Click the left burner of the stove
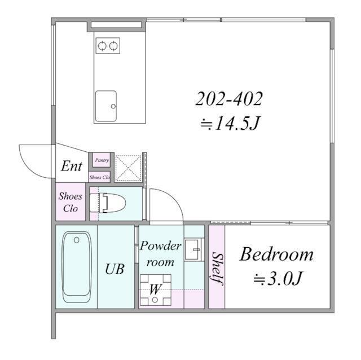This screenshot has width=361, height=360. (102, 46)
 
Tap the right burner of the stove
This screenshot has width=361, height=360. (113, 46)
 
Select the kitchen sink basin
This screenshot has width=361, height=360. (106, 106)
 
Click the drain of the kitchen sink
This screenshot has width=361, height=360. (113, 107)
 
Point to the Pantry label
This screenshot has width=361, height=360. (102, 160)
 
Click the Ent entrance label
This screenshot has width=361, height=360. (72, 166)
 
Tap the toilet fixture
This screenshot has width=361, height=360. (108, 203)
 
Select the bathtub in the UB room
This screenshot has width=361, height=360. (77, 267)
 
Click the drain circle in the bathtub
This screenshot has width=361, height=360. (77, 240)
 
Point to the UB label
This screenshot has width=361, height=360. (115, 269)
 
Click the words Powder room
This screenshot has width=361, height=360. (160, 254)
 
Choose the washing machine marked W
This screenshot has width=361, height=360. (156, 290)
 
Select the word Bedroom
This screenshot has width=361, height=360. (276, 254)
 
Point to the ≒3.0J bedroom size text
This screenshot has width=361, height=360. (278, 278)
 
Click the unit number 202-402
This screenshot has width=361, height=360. (229, 99)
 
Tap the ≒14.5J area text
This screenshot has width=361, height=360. (230, 123)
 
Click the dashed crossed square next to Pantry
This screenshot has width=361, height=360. (129, 168)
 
